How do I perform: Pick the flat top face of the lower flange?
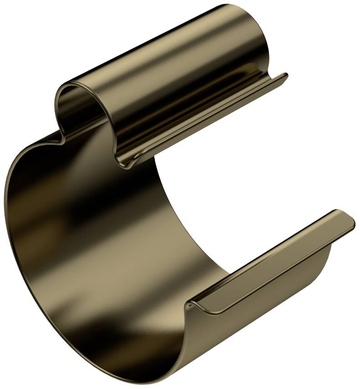click(273, 259)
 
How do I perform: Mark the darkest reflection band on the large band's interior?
click(91, 214)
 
